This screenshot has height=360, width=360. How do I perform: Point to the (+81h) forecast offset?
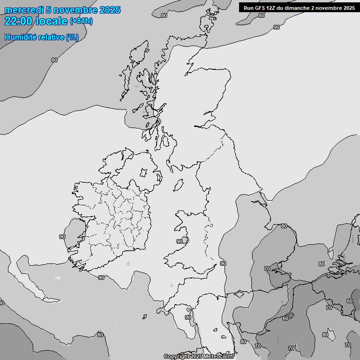coord(81,22)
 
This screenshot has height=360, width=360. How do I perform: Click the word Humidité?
coord(20,37)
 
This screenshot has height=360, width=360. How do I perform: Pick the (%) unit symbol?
coord(72,37)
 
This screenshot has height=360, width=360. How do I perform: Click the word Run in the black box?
coord(248,8)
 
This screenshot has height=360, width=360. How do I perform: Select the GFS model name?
coord(260,8)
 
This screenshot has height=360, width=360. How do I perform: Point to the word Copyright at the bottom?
coord(177,356)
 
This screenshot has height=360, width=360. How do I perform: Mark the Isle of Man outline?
coord(178,186)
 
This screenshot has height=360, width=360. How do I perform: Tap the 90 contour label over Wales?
coord(179,241)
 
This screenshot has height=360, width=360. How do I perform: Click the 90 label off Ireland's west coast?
coord(62,237)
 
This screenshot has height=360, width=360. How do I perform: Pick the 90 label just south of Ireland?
coord(101,277)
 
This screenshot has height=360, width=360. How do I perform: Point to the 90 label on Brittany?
coord(187,317)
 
